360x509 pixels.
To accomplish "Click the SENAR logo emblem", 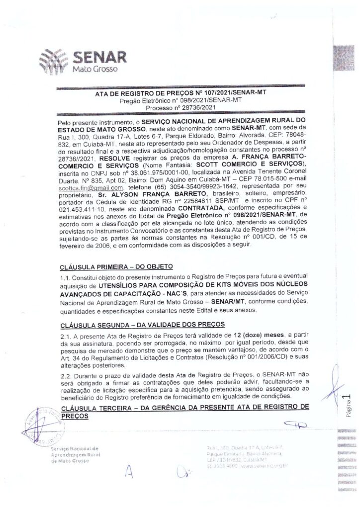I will coord(54,60).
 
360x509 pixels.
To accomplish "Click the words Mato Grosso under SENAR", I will coord(94,69).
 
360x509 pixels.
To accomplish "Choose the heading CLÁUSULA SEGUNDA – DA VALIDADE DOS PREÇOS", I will coord(144,325).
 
